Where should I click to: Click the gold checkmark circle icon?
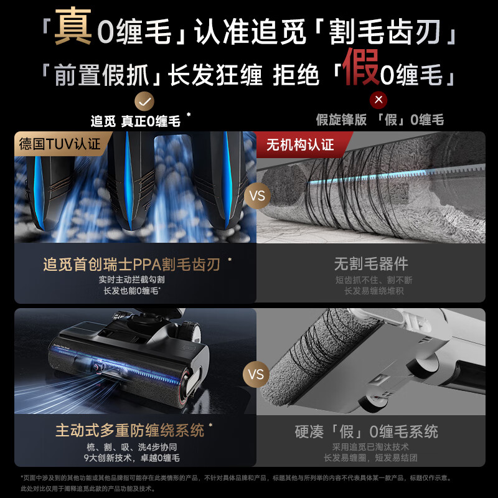[x=144, y=100]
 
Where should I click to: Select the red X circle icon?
[x=378, y=100]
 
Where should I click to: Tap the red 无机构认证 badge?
[x=300, y=145]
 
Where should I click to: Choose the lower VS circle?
[x=256, y=375]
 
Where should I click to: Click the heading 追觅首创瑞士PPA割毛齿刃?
[x=131, y=265]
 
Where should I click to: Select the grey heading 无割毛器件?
[x=370, y=265]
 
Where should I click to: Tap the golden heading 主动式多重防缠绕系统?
[x=129, y=430]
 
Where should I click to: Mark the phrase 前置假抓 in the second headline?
[x=102, y=75]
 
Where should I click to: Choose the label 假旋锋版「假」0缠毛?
[x=380, y=120]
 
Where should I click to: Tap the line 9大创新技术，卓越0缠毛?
[x=131, y=458]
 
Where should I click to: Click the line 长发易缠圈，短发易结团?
[x=370, y=458]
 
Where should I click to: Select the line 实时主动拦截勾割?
[x=131, y=280]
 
